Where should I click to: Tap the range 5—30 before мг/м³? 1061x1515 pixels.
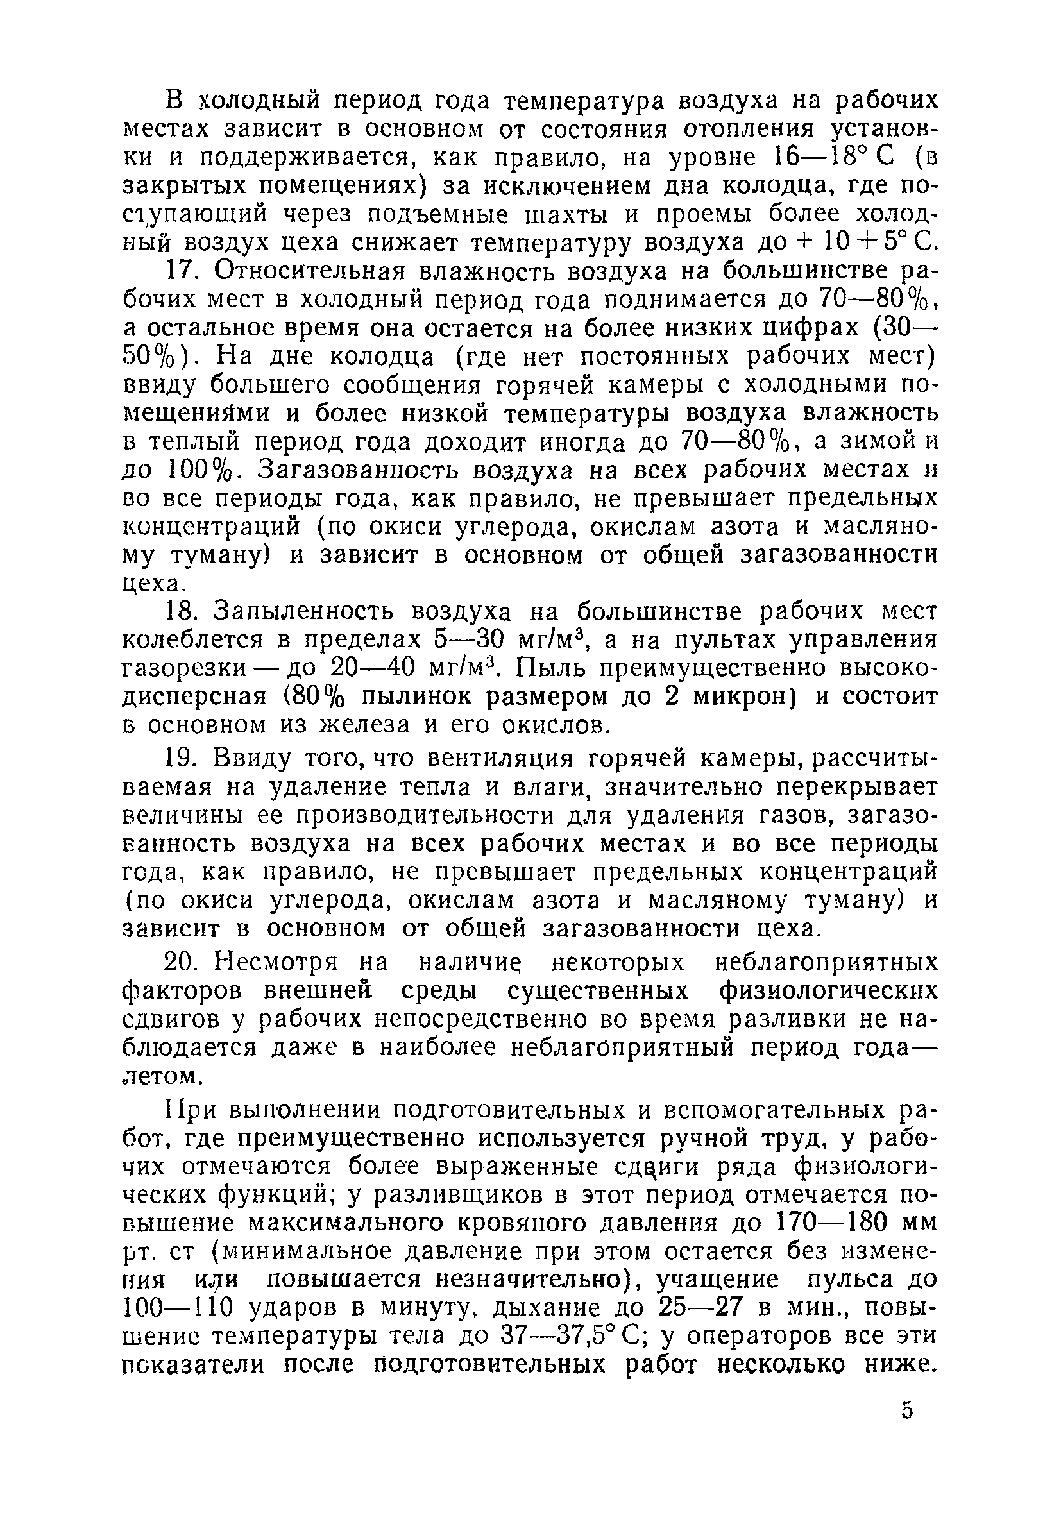[470, 640]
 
